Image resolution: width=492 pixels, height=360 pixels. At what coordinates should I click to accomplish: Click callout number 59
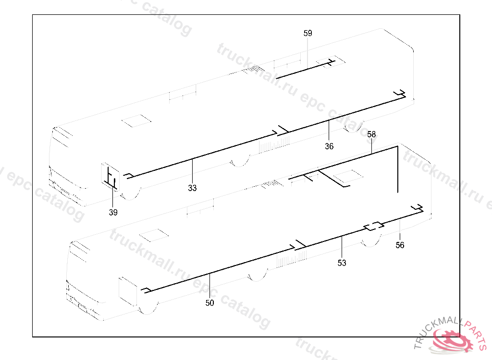[x=308, y=33]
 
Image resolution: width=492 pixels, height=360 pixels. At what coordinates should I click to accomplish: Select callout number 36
[x=329, y=146]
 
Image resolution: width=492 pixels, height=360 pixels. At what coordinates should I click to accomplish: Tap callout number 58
[x=371, y=134]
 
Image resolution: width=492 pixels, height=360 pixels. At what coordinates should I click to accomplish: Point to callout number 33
[x=192, y=188]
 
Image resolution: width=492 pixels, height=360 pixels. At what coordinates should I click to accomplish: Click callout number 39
[x=113, y=212]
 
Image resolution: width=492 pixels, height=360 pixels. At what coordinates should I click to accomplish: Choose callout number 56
[x=400, y=245]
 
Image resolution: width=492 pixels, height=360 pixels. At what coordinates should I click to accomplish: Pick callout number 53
[x=342, y=263]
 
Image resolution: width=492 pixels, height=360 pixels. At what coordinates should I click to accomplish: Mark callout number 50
[x=209, y=302]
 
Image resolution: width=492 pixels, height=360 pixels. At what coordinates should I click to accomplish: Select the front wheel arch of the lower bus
[x=148, y=311]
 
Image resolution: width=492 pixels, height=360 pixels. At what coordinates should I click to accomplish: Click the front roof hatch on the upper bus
[x=136, y=121]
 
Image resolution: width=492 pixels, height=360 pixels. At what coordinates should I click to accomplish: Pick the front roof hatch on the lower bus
[x=154, y=235]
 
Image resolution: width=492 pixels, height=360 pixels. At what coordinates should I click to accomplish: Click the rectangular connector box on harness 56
[x=373, y=226]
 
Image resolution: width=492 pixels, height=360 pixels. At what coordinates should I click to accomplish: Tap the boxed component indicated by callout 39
[x=110, y=177]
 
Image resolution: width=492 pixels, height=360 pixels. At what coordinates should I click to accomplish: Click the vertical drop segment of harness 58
[x=398, y=169]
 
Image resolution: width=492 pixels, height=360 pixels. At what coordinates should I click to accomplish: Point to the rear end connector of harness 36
[x=400, y=94]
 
